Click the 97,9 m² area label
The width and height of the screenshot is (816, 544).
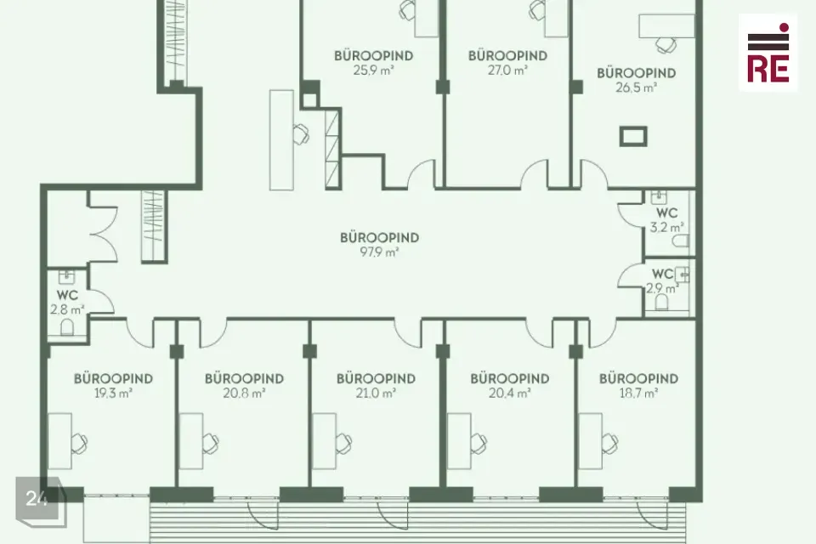(379, 252)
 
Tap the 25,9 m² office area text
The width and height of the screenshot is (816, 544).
(373, 71)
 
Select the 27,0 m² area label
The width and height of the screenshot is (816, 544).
(507, 71)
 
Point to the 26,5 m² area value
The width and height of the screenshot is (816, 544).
(636, 88)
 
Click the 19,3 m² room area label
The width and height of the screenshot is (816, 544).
(113, 393)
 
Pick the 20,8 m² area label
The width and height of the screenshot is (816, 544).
(244, 393)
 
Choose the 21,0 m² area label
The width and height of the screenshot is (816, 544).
(376, 393)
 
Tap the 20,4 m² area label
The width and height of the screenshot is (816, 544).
(509, 393)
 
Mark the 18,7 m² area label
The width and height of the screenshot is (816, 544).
(638, 393)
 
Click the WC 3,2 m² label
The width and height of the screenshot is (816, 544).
(666, 220)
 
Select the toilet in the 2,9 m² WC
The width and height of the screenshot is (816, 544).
(661, 302)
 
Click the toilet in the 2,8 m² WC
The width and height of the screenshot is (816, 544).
(67, 327)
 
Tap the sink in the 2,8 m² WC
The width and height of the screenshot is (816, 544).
(66, 276)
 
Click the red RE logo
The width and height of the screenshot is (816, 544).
(768, 53)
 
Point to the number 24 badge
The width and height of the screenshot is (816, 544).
(37, 498)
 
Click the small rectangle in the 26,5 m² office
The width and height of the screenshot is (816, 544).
(633, 136)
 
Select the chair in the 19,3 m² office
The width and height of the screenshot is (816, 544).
(80, 443)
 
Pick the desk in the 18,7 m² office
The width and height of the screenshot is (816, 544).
(590, 441)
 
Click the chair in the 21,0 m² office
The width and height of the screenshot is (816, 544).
(343, 443)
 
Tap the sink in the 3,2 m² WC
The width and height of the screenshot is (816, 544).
(658, 198)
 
